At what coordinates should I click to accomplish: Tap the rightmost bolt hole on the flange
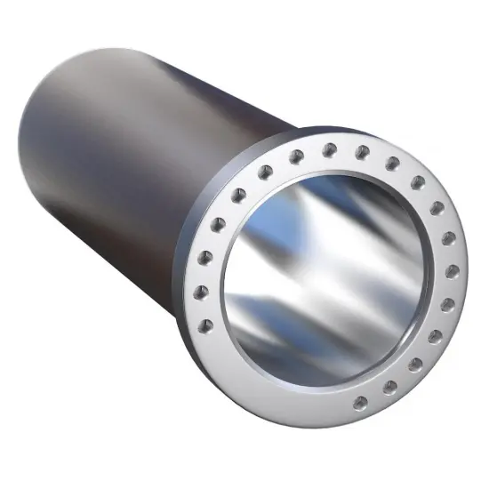453,271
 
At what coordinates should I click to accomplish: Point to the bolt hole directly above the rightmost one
449,238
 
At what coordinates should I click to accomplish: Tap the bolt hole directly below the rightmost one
447,305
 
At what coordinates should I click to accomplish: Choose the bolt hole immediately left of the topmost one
296,155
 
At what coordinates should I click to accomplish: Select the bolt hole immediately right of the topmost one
362,152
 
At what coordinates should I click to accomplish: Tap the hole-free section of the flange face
267,391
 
